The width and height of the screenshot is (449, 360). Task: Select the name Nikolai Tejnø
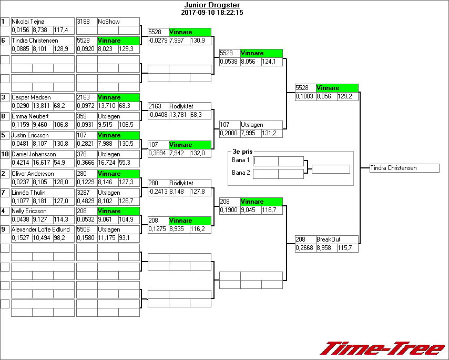tap(28, 22)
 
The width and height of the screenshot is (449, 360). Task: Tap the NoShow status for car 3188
tap(109, 22)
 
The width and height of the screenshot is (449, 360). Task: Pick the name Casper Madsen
tap(30, 97)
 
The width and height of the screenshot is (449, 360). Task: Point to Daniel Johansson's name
tap(34, 154)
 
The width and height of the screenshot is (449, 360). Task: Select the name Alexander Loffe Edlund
tap(40, 229)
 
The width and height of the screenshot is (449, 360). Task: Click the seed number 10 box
tap(5, 154)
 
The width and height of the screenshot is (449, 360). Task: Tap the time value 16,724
tap(108, 163)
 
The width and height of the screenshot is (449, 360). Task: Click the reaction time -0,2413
tap(158, 192)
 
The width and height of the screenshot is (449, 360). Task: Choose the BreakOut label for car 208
tap(328, 239)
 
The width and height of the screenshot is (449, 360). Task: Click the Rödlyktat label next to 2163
tap(181, 106)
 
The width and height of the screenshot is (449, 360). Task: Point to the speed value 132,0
tap(197, 154)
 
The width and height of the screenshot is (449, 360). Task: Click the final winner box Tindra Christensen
tap(404, 168)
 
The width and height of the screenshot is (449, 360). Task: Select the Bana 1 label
tap(240, 159)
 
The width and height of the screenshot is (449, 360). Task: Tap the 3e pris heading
tap(242, 151)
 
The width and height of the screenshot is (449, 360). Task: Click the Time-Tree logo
tap(383, 349)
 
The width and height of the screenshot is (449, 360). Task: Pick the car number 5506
tap(84, 229)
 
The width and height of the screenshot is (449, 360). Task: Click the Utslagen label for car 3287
tap(109, 193)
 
